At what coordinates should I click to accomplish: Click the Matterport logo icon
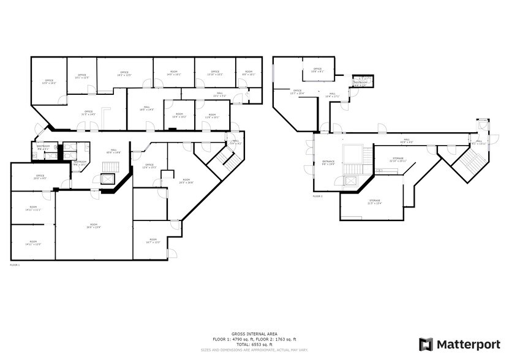(x=426, y=344)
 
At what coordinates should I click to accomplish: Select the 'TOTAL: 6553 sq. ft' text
(x=254, y=344)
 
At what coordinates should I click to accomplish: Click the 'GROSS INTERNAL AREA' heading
(x=254, y=334)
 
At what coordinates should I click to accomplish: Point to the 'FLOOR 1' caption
(x=15, y=265)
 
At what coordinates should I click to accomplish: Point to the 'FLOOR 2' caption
(x=317, y=197)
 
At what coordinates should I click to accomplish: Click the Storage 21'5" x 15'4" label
(x=375, y=202)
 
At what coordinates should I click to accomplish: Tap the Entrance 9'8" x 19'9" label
(x=329, y=163)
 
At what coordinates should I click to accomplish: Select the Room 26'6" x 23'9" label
(x=94, y=226)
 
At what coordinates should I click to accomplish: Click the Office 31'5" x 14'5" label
(x=89, y=113)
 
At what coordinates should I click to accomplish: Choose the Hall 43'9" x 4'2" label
(x=407, y=141)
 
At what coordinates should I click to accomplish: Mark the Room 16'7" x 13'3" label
(x=153, y=241)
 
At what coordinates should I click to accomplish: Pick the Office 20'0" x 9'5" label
(x=40, y=178)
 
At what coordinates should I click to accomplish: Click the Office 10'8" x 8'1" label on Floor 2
(x=317, y=70)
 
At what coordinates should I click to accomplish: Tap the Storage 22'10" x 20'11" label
(x=398, y=159)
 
